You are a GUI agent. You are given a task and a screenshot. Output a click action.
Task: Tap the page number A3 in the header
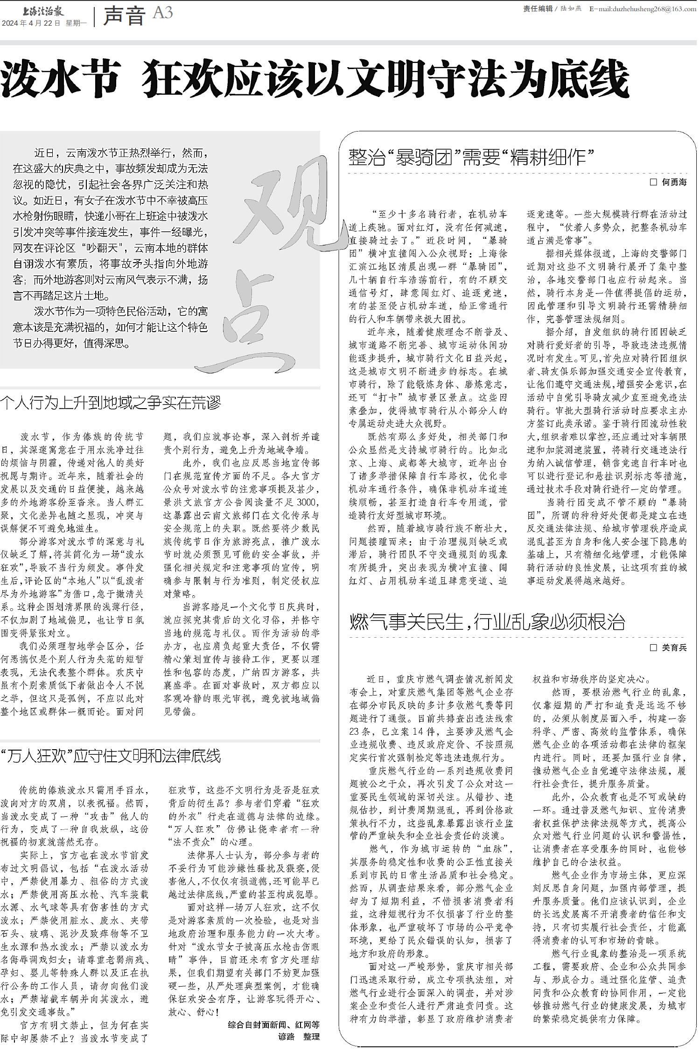click(x=163, y=13)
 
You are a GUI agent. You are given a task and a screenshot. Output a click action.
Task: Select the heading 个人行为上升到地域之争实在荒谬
click(x=111, y=403)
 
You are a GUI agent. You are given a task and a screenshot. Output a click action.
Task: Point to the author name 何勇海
click(x=674, y=182)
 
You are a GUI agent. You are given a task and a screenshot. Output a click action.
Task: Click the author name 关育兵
click(x=674, y=647)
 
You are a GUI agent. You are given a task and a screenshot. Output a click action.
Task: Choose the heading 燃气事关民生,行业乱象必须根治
click(x=487, y=622)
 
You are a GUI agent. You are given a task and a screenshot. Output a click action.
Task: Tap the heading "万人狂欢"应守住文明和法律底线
click(x=111, y=756)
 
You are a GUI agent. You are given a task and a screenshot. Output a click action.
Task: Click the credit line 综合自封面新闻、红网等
click(x=273, y=1025)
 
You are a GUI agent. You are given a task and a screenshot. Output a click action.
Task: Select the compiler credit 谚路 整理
click(x=299, y=1037)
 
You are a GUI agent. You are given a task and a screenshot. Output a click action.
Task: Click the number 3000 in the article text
click(x=309, y=502)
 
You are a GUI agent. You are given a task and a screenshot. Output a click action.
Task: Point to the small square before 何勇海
click(x=653, y=182)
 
